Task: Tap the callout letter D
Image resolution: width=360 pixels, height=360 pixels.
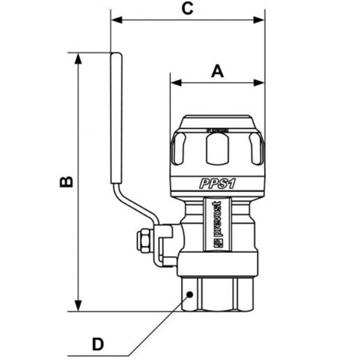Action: click(x=97, y=344)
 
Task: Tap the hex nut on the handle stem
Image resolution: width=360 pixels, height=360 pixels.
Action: click(x=145, y=241)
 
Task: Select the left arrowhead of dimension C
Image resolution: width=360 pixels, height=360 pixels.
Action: click(x=116, y=20)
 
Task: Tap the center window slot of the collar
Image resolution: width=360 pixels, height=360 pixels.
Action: click(x=217, y=148)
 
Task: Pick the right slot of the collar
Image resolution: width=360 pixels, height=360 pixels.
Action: click(x=256, y=149)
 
